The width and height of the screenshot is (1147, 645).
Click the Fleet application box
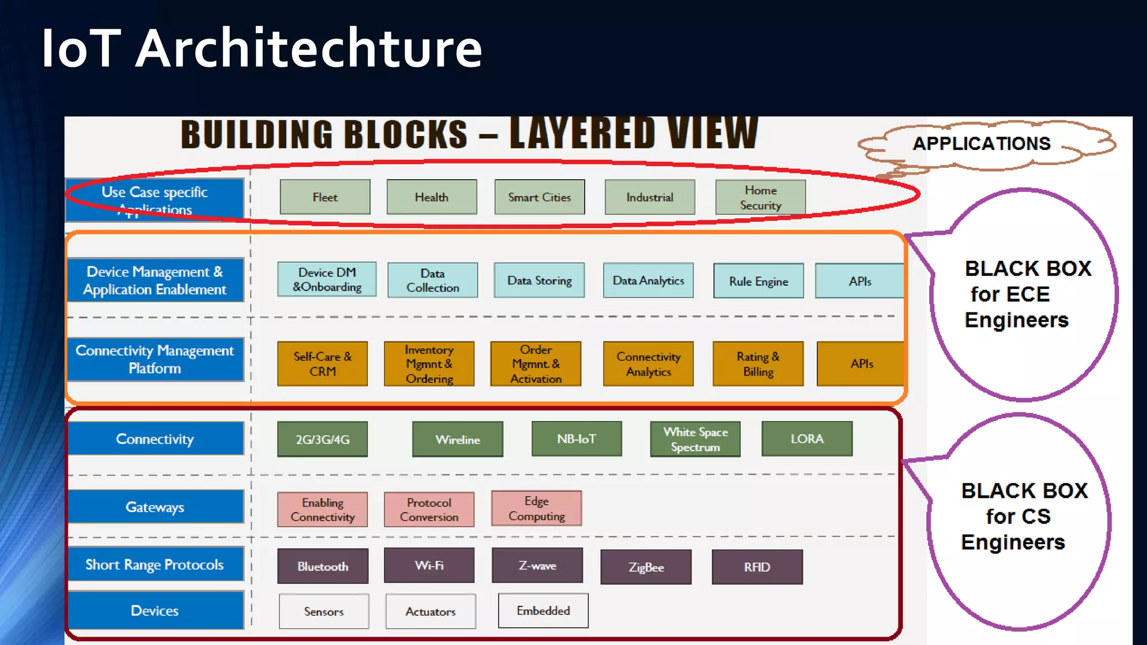click(325, 197)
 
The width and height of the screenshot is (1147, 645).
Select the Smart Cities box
click(539, 197)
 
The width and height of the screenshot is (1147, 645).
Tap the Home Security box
click(760, 198)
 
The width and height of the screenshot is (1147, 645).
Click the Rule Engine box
click(758, 281)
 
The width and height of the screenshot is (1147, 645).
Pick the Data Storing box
click(539, 281)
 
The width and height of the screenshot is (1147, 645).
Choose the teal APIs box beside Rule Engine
click(859, 281)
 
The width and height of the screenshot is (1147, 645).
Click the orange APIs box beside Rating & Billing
click(861, 364)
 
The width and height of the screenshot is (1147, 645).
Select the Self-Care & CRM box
click(323, 364)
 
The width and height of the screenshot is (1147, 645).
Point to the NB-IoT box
click(576, 439)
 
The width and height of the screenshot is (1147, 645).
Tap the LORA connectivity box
click(806, 439)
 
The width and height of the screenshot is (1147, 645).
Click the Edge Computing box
click(537, 508)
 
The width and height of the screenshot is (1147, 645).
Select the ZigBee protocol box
click(646, 567)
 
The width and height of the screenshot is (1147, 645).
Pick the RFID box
click(757, 567)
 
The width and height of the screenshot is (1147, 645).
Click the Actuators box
click(430, 611)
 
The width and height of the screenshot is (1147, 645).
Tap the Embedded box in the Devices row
click(543, 611)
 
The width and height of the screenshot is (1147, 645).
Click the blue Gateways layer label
click(155, 507)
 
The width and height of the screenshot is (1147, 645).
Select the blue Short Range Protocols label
click(155, 564)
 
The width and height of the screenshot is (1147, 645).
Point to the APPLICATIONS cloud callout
click(981, 144)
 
